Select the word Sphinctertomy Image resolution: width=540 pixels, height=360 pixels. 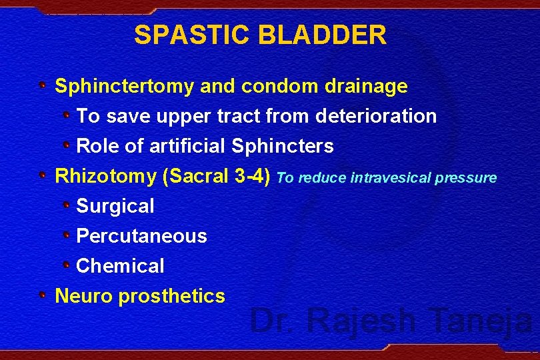pyautogui.click(x=124, y=87)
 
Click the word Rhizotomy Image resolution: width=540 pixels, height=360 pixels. pyautogui.click(x=105, y=177)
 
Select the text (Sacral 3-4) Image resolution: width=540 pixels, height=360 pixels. pyautogui.click(x=216, y=177)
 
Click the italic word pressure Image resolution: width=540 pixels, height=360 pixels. pyautogui.click(x=468, y=178)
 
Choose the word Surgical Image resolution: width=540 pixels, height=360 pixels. pyautogui.click(x=115, y=207)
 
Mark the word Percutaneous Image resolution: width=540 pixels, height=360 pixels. pyautogui.click(x=142, y=236)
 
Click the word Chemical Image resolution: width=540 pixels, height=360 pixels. pyautogui.click(x=120, y=266)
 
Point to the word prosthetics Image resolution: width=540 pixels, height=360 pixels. pyautogui.click(x=171, y=296)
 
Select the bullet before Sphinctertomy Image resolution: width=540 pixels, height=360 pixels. pyautogui.click(x=42, y=85)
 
